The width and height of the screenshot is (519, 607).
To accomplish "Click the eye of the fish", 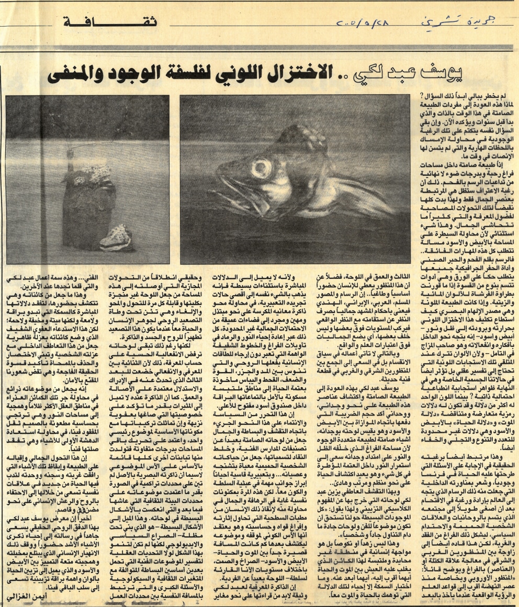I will [x=260, y=168].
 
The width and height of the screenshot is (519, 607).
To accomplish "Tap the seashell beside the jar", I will [x=115, y=238].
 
